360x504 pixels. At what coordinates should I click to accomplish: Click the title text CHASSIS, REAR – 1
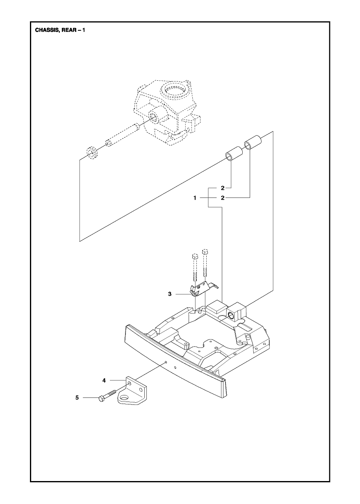click(x=60, y=30)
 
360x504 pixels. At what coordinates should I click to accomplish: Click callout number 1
click(x=195, y=198)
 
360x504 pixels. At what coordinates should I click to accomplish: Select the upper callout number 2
click(x=223, y=188)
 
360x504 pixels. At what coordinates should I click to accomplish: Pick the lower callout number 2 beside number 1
click(x=223, y=198)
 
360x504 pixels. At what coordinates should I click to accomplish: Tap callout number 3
click(x=170, y=294)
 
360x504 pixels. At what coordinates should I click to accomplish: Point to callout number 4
click(x=104, y=380)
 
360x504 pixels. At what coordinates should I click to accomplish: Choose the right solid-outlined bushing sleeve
click(x=253, y=143)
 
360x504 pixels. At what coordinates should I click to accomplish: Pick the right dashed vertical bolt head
click(x=205, y=251)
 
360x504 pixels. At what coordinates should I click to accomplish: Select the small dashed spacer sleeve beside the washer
click(x=109, y=143)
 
